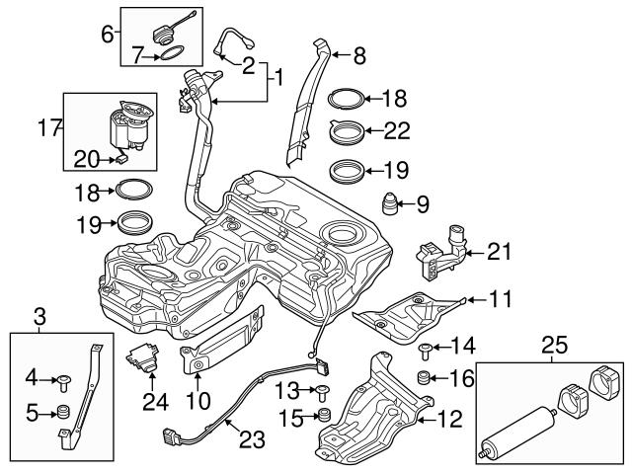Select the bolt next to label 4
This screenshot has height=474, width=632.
pos(64,378)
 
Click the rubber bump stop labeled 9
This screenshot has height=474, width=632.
pos(391,205)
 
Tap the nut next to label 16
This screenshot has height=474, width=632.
pos(423,377)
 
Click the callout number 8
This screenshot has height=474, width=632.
pos(358,56)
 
